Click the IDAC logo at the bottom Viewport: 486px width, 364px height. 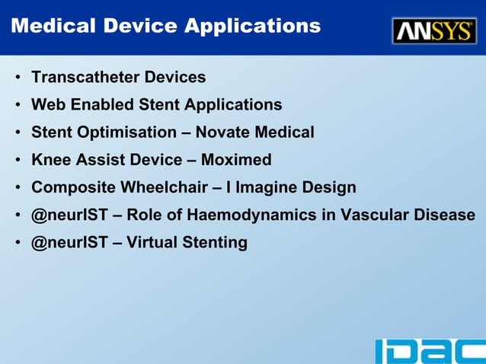coord(429,350)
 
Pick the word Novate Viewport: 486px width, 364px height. coord(223,132)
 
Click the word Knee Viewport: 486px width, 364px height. coord(51,160)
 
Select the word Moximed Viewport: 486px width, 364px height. coord(236,160)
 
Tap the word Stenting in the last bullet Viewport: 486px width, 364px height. coord(214,243)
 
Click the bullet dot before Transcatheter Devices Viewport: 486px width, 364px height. coord(18,78)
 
